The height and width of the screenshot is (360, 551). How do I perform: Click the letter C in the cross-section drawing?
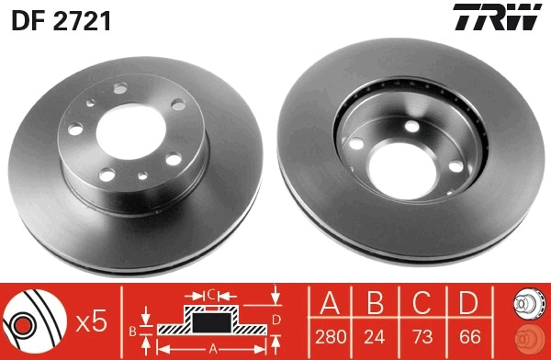[x=210, y=295]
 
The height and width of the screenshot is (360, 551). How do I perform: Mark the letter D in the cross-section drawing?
[x=275, y=320]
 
